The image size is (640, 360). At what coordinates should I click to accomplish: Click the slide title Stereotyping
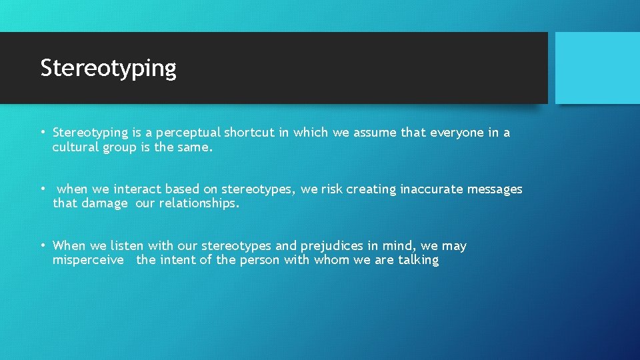click(108, 68)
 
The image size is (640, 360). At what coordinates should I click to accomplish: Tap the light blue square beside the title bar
click(597, 68)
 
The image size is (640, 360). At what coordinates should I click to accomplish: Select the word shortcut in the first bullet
click(249, 133)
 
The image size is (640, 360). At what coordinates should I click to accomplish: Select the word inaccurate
click(431, 189)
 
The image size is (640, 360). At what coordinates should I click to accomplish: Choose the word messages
click(495, 189)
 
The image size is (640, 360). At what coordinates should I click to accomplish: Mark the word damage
click(104, 204)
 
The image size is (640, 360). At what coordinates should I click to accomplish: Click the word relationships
click(198, 204)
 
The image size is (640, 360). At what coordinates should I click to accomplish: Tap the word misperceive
click(88, 260)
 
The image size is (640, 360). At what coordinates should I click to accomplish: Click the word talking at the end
click(418, 260)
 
